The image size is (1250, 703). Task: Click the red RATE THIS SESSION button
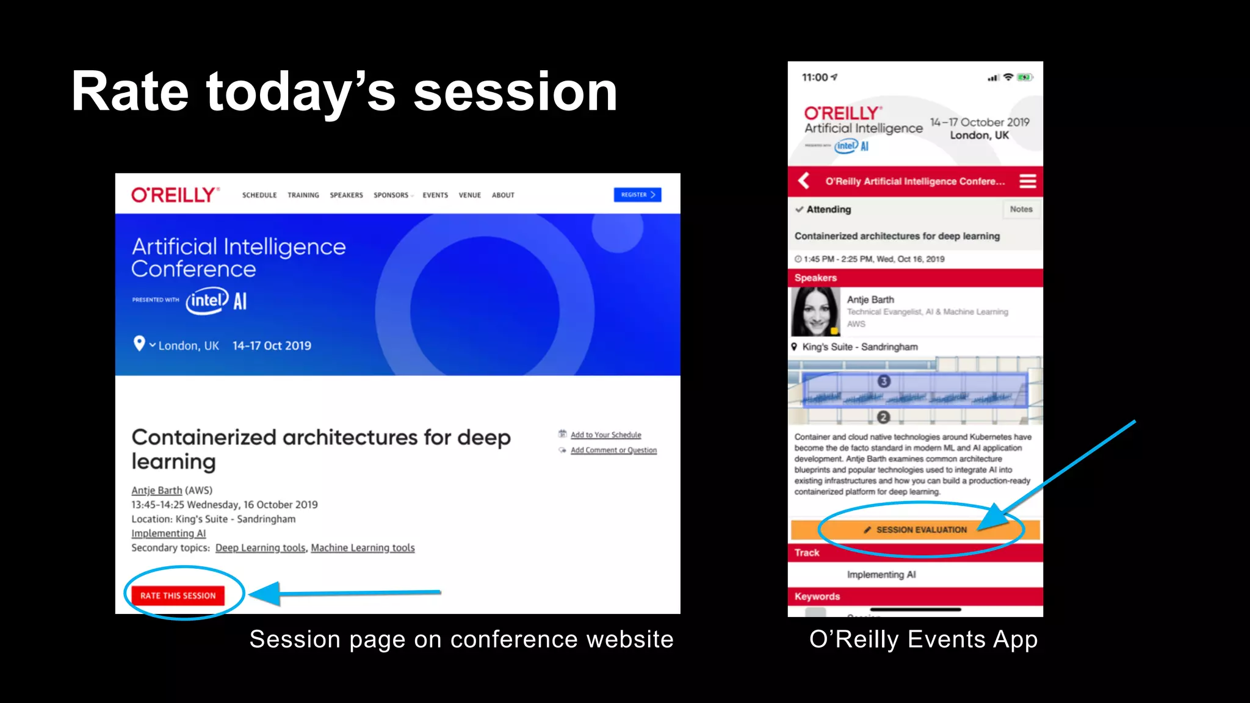[x=178, y=596]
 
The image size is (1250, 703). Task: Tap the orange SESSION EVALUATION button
[x=915, y=530]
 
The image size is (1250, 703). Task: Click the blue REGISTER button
[x=637, y=195]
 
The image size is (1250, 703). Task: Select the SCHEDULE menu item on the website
[x=259, y=195]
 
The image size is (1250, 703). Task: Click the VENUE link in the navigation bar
[x=469, y=195]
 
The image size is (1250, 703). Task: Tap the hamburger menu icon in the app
[x=1027, y=181]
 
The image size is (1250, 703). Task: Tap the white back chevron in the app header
[x=804, y=181]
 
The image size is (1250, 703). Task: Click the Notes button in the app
[x=1021, y=209]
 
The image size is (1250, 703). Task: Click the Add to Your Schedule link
[x=605, y=435]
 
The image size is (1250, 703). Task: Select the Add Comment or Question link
[x=613, y=450]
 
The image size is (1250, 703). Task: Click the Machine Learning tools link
[x=363, y=548]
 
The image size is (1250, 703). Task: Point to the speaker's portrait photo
[x=815, y=312]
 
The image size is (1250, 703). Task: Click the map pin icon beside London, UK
[x=139, y=344]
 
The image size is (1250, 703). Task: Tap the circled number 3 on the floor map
[x=884, y=381]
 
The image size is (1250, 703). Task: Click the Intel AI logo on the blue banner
[x=217, y=301]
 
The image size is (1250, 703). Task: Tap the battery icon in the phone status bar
[x=1025, y=78]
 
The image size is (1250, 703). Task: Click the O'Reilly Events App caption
[x=923, y=640]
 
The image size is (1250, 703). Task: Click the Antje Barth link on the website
[x=156, y=491]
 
